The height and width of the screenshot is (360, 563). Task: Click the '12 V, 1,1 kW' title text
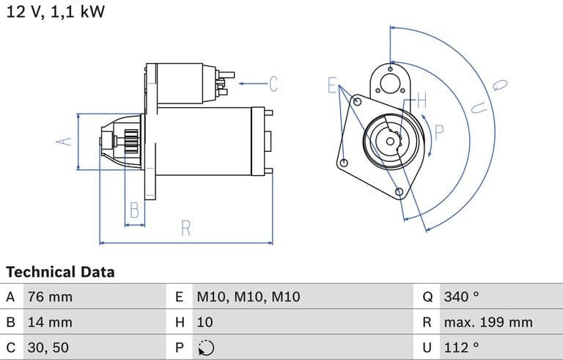(x=55, y=12)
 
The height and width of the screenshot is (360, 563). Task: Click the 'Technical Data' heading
(x=60, y=272)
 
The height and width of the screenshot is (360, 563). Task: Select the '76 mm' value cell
(x=50, y=297)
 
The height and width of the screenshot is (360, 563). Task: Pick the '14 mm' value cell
(x=50, y=322)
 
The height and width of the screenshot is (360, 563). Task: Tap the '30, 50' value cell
(x=49, y=347)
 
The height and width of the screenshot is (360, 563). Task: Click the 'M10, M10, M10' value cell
(x=249, y=297)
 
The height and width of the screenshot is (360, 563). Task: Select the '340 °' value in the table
(x=461, y=297)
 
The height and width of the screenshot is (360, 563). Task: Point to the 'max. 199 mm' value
(x=487, y=322)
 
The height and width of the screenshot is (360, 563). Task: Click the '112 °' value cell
(x=461, y=347)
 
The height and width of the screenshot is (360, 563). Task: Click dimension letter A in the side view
(x=65, y=141)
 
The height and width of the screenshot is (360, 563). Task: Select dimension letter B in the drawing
(x=134, y=210)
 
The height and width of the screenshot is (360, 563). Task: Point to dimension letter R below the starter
(x=186, y=229)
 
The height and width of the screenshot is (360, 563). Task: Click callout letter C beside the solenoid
(x=273, y=84)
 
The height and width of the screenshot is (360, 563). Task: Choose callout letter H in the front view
(x=422, y=102)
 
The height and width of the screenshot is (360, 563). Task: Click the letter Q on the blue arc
(x=500, y=85)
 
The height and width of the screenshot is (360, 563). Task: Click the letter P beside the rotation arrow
(x=439, y=132)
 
